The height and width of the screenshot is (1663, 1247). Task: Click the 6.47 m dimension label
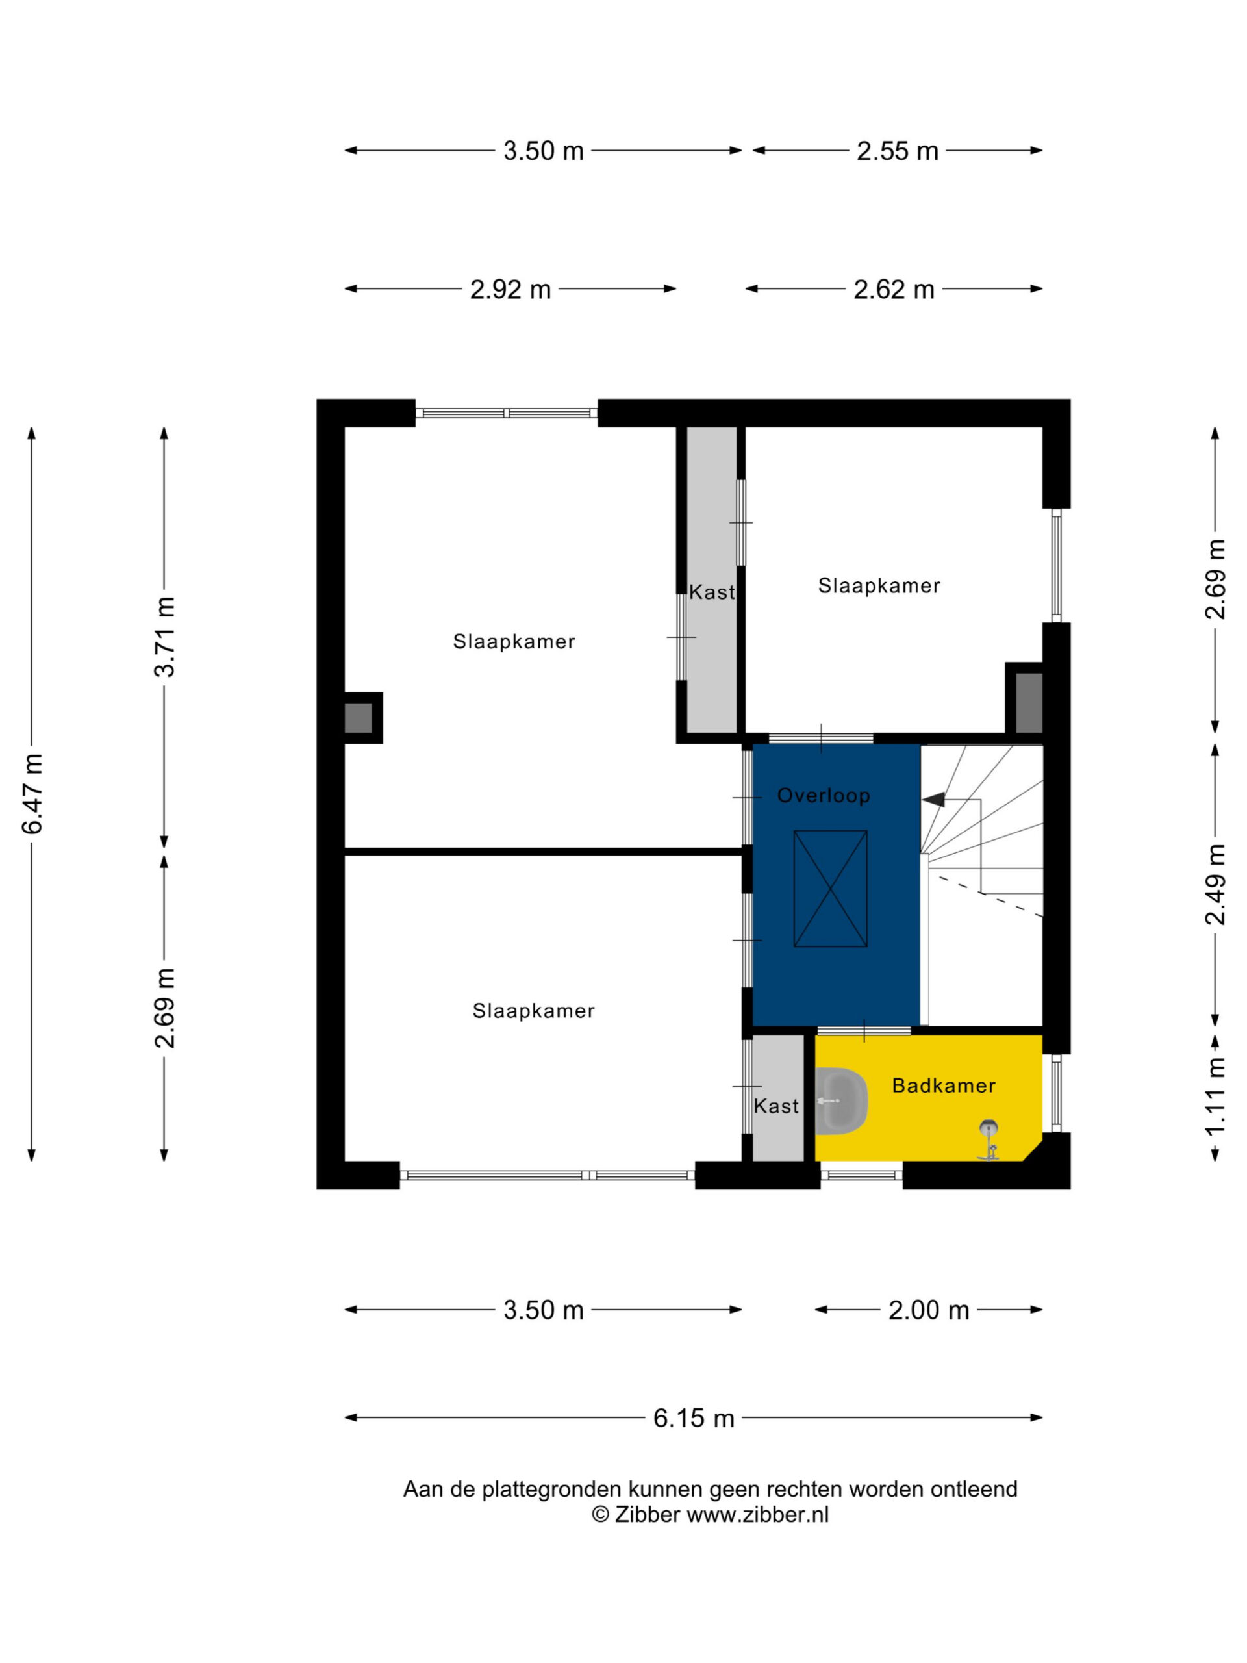(x=33, y=793)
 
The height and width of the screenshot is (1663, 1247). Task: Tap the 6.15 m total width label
(x=693, y=1417)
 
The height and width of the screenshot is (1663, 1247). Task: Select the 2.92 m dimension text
(x=510, y=288)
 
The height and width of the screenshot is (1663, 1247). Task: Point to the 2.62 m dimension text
(x=894, y=288)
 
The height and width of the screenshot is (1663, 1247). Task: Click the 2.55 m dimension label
(x=898, y=150)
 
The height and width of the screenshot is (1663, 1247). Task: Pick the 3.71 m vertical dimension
(x=164, y=637)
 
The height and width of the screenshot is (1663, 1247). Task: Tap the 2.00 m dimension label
(x=928, y=1310)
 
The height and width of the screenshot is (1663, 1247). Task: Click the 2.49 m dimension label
(x=1215, y=884)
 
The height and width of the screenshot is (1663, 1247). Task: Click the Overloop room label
(x=824, y=795)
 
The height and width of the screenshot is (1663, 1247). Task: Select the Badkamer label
(x=943, y=1085)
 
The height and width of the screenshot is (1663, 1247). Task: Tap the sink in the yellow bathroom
(x=841, y=1100)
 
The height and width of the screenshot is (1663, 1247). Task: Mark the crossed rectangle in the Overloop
(x=831, y=889)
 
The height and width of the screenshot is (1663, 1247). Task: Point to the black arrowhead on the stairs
(x=933, y=799)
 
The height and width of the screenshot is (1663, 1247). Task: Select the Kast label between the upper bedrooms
(x=711, y=592)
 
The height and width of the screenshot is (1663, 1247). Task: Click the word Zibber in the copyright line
(x=647, y=1514)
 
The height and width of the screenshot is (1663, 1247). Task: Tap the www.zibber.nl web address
(x=758, y=1514)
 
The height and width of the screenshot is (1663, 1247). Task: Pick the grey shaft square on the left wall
(x=359, y=718)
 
